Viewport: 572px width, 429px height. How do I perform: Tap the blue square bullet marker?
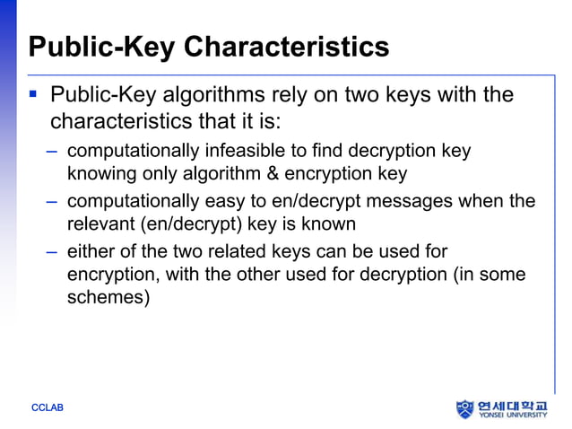[x=33, y=93]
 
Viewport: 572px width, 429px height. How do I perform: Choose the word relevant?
[x=99, y=223]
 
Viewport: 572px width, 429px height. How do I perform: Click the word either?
[x=92, y=251]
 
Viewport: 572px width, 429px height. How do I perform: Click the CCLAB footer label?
[x=48, y=408]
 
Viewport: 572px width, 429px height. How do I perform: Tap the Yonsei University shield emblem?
[x=464, y=409]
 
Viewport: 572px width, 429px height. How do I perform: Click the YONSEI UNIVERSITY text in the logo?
[x=516, y=416]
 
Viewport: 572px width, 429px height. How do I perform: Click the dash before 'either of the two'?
[x=54, y=251]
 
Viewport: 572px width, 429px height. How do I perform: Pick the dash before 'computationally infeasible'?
[x=54, y=151]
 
